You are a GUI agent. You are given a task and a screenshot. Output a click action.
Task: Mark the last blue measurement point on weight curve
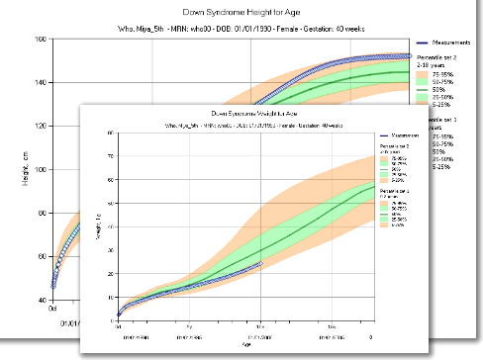click(261, 264)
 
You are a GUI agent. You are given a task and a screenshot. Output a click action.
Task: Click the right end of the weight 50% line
click(373, 185)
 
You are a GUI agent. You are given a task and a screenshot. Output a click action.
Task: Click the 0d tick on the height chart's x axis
click(52, 310)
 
